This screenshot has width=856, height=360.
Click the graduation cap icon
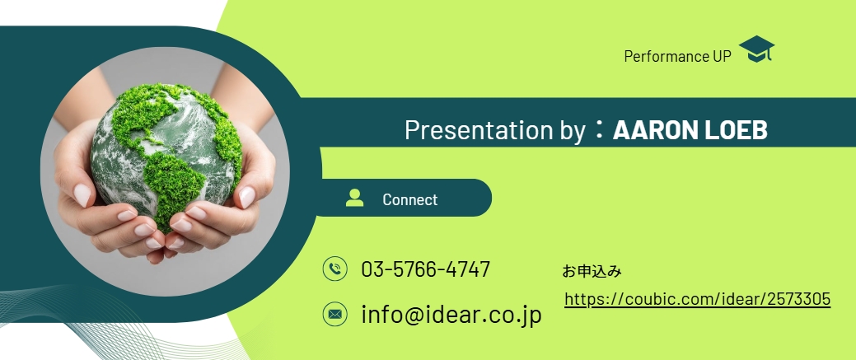[756, 49]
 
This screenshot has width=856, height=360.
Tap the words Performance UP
[677, 56]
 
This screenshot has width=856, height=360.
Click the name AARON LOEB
[690, 130]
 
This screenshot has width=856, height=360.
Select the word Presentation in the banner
[479, 130]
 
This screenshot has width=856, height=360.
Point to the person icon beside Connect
[354, 198]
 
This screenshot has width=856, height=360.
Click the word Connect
[410, 199]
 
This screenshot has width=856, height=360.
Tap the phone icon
[334, 269]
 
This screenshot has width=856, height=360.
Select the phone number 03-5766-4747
[426, 269]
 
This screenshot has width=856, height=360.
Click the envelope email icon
[334, 314]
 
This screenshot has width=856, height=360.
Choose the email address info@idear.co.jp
[451, 315]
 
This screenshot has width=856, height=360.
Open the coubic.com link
[698, 299]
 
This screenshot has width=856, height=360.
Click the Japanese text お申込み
[592, 271]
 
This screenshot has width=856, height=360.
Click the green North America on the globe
[141, 114]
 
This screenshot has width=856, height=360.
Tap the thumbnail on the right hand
[247, 197]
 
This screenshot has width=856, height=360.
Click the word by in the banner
[571, 131]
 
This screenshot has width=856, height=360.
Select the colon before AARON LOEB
[600, 130]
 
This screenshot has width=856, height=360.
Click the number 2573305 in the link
[798, 299]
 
